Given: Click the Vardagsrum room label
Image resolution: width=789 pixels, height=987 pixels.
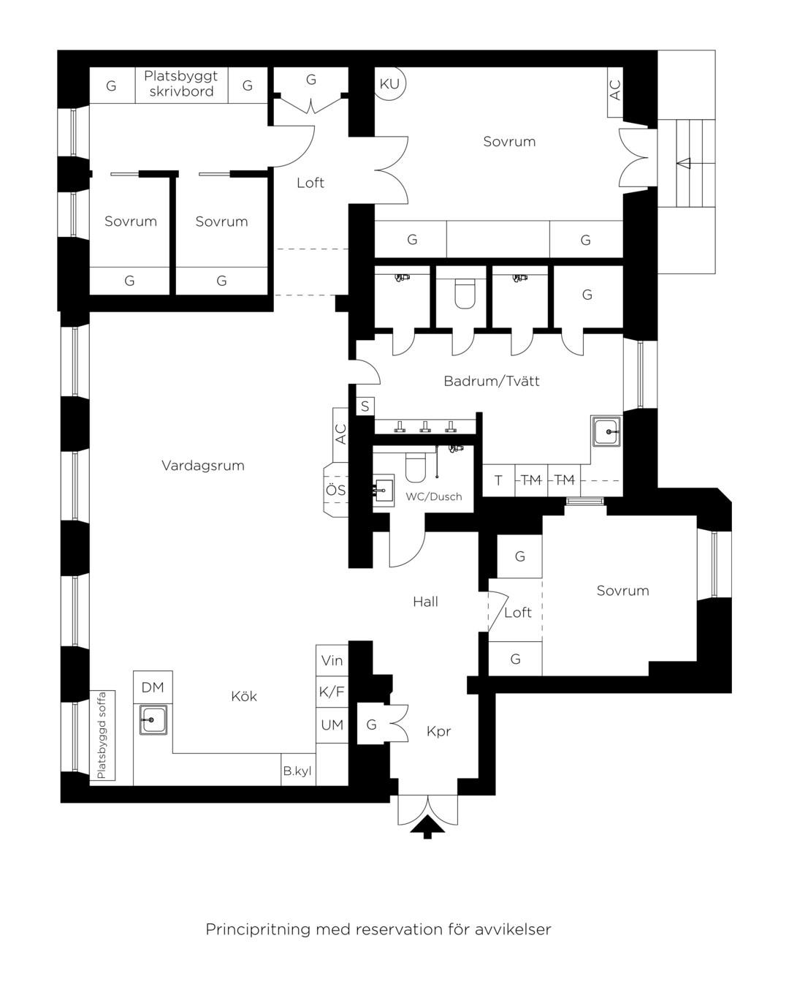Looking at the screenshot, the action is tap(202, 466).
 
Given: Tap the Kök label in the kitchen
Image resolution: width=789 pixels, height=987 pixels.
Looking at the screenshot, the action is tap(244, 697).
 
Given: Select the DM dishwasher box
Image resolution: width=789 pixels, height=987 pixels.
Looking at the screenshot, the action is tap(153, 687).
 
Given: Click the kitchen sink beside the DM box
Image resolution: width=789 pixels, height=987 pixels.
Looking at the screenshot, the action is tap(153, 719).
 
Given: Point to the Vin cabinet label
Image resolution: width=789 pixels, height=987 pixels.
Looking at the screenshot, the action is tap(332, 660).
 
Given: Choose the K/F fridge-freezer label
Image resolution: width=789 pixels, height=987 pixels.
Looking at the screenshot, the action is tap(332, 692).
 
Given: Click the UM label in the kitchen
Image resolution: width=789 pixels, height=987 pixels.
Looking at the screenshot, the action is tap(332, 725).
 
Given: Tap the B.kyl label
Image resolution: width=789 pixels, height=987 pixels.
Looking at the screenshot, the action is tap(297, 771).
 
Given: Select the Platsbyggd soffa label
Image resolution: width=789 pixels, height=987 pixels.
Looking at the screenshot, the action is tap(102, 735).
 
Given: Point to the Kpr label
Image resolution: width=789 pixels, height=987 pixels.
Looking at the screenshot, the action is tap(438, 732).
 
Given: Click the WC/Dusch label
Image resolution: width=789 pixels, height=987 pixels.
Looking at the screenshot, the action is tap(434, 496).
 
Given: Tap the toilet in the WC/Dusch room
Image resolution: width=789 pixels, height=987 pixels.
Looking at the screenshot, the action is tap(416, 467).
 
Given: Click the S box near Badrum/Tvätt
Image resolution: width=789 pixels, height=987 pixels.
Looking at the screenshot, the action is tap(365, 406).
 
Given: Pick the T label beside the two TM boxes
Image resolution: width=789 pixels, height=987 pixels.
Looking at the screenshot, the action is tap(498, 480).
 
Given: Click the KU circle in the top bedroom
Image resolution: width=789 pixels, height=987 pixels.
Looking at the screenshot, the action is tap(389, 84).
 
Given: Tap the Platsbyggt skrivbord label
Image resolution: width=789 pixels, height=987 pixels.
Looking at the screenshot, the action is tap(181, 84).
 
